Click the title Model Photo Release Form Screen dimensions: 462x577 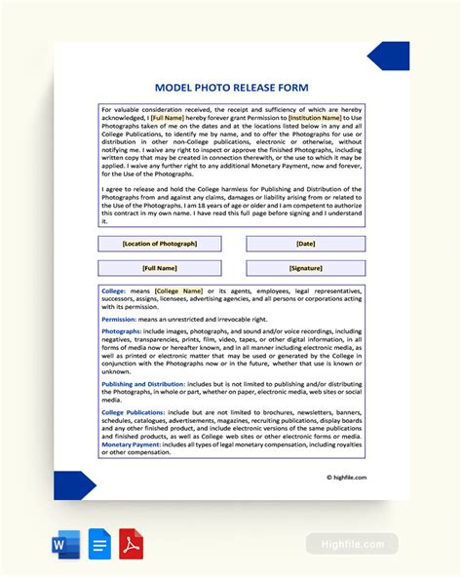[x=231, y=88]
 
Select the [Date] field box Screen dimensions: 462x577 [x=305, y=244]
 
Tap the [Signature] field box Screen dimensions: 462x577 [x=305, y=268]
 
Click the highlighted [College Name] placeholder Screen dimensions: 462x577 [x=178, y=290]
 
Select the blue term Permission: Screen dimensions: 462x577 [x=118, y=319]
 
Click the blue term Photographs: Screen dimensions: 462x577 [x=122, y=332]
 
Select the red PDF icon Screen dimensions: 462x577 [x=132, y=544]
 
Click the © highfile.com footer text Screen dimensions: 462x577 [x=346, y=478]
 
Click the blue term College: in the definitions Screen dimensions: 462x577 [x=113, y=290]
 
